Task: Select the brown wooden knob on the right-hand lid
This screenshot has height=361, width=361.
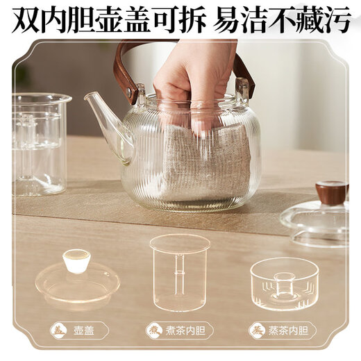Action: coord(330,192)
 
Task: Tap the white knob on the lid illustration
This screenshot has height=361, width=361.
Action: coord(76,260)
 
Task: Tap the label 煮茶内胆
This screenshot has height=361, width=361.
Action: coord(187,330)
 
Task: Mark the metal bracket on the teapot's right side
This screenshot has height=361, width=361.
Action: coord(242,91)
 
